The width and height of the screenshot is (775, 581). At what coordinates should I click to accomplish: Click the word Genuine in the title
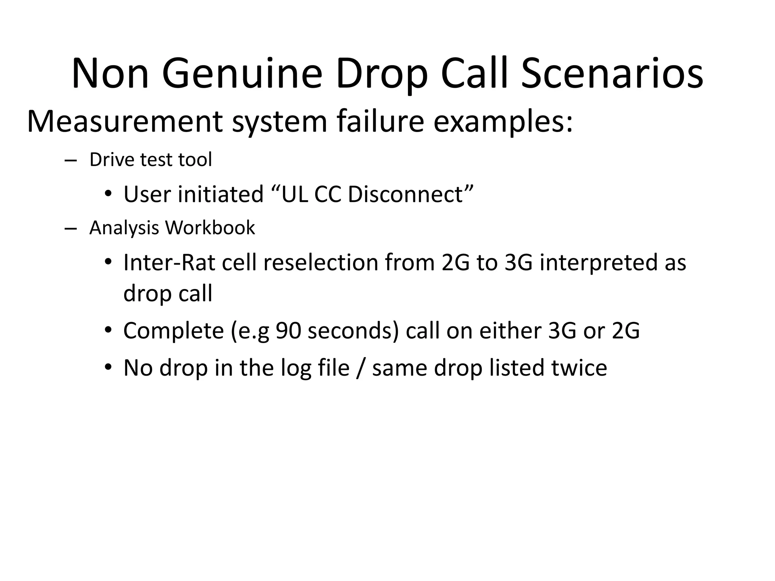pyautogui.click(x=242, y=74)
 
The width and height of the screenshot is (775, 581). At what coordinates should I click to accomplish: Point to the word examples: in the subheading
pyautogui.click(x=503, y=122)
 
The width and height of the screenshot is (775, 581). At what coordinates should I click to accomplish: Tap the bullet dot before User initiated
pyautogui.click(x=108, y=194)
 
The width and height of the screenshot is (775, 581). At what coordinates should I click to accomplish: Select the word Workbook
pyautogui.click(x=210, y=228)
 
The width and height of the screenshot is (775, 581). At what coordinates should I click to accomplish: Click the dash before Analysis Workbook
pyautogui.click(x=70, y=228)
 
